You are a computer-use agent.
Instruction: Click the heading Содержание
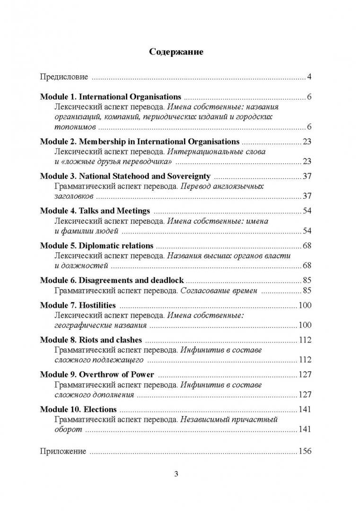point(176,52)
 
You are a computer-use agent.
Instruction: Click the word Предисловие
point(64,77)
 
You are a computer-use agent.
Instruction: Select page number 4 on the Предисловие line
point(308,77)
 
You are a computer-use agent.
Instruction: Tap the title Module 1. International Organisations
point(110,97)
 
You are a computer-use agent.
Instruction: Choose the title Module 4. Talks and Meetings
point(95,211)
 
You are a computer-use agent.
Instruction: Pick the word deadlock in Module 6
point(167,280)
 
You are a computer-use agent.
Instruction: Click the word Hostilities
point(97,305)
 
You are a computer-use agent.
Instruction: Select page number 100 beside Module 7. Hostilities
point(305,305)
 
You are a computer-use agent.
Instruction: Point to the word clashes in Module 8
point(128,340)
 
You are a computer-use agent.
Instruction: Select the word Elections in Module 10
point(101,409)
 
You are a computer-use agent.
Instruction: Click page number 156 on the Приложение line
point(305,451)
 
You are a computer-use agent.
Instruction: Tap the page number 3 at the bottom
point(176,474)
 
